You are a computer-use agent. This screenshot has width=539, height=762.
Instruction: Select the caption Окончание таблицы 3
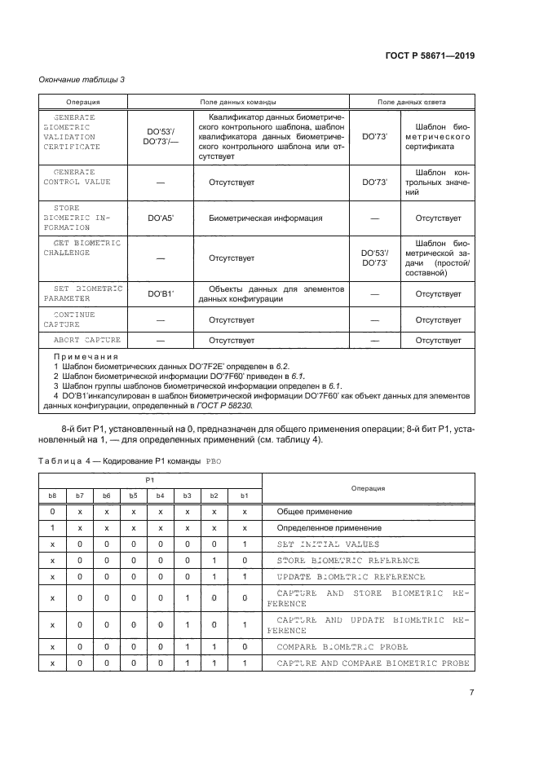82,79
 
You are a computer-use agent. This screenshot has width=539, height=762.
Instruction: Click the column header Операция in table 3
82,103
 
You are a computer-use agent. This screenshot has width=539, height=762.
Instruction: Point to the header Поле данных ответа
411,103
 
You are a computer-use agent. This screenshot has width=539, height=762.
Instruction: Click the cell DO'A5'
161,218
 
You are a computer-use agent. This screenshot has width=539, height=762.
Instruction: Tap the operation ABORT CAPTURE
86,340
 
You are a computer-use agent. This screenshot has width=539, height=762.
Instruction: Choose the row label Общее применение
314,511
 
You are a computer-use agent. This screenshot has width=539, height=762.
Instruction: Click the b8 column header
52,496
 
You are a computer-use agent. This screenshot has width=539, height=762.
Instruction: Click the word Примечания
86,356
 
